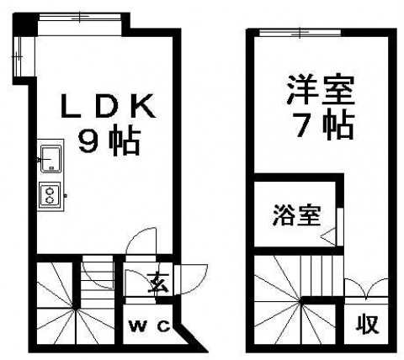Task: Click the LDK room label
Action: point(108,106)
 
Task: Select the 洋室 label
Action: point(321,89)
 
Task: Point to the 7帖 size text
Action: point(322,126)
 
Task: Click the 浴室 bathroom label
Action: point(296,215)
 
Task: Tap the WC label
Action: point(149,326)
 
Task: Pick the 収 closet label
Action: point(368,324)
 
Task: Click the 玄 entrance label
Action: point(158,283)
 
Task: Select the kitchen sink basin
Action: point(51,159)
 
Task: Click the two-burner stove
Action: point(50,195)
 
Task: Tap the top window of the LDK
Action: point(80,17)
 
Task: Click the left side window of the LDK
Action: point(18,56)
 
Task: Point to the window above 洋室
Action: point(300,33)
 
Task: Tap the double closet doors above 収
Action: point(366,289)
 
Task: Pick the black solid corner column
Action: point(25,24)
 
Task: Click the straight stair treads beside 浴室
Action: point(322,275)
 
